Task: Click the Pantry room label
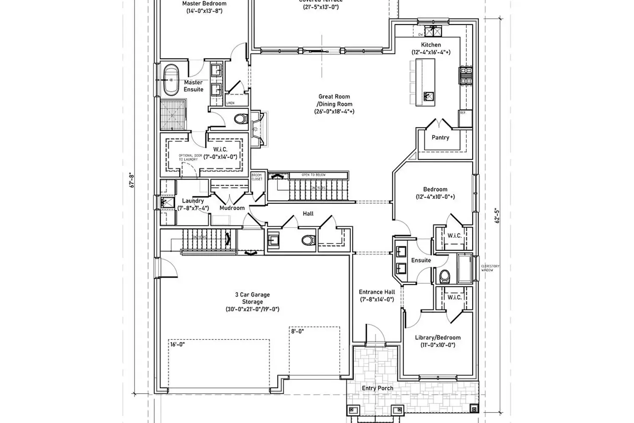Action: [440, 137]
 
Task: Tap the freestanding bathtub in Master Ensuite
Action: [171, 80]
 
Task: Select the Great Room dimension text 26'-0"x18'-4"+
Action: [334, 112]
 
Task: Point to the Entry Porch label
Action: [377, 388]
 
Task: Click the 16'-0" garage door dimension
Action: [178, 344]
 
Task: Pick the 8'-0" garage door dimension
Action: [298, 332]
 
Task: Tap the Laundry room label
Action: [193, 201]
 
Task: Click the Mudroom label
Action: [232, 208]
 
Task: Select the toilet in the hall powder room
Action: [309, 241]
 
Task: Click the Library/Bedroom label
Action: [438, 338]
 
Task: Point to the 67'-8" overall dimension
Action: [132, 181]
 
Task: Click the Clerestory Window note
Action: [490, 268]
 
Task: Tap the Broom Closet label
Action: [257, 177]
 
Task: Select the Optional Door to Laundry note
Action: [188, 157]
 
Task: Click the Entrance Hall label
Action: [377, 292]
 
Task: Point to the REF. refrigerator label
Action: [463, 113]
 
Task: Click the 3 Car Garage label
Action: [252, 295]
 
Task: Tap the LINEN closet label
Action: [230, 103]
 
